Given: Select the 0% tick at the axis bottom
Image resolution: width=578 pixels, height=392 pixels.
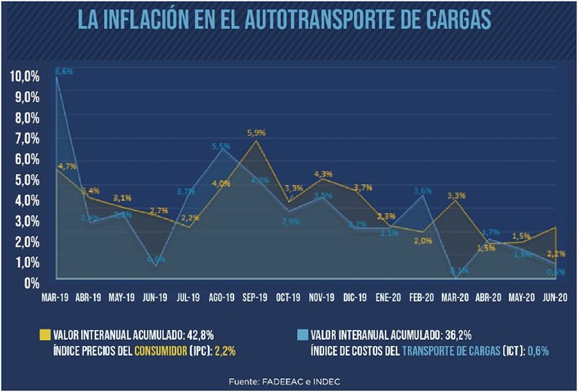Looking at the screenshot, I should point(31,283).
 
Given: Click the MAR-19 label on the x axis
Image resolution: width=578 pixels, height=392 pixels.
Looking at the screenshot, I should point(56,296).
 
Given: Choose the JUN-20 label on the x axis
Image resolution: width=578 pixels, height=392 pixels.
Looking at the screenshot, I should point(555,296).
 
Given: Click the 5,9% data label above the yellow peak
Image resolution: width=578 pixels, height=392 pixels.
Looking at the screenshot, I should point(256,133).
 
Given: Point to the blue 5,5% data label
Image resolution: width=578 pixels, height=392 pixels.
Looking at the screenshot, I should point(221,147).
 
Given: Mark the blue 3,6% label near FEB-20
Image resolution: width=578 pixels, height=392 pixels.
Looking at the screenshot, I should point(422,191).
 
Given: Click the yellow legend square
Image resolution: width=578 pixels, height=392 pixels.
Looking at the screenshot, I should point(44,335).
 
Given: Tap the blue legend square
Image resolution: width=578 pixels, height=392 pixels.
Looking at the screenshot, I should point(303,335).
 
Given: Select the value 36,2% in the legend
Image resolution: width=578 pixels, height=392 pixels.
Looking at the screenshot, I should point(455,335).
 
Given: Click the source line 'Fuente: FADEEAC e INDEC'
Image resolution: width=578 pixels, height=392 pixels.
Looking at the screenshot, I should point(288,380).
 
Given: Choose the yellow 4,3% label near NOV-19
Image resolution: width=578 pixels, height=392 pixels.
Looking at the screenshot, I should point(323,174).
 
